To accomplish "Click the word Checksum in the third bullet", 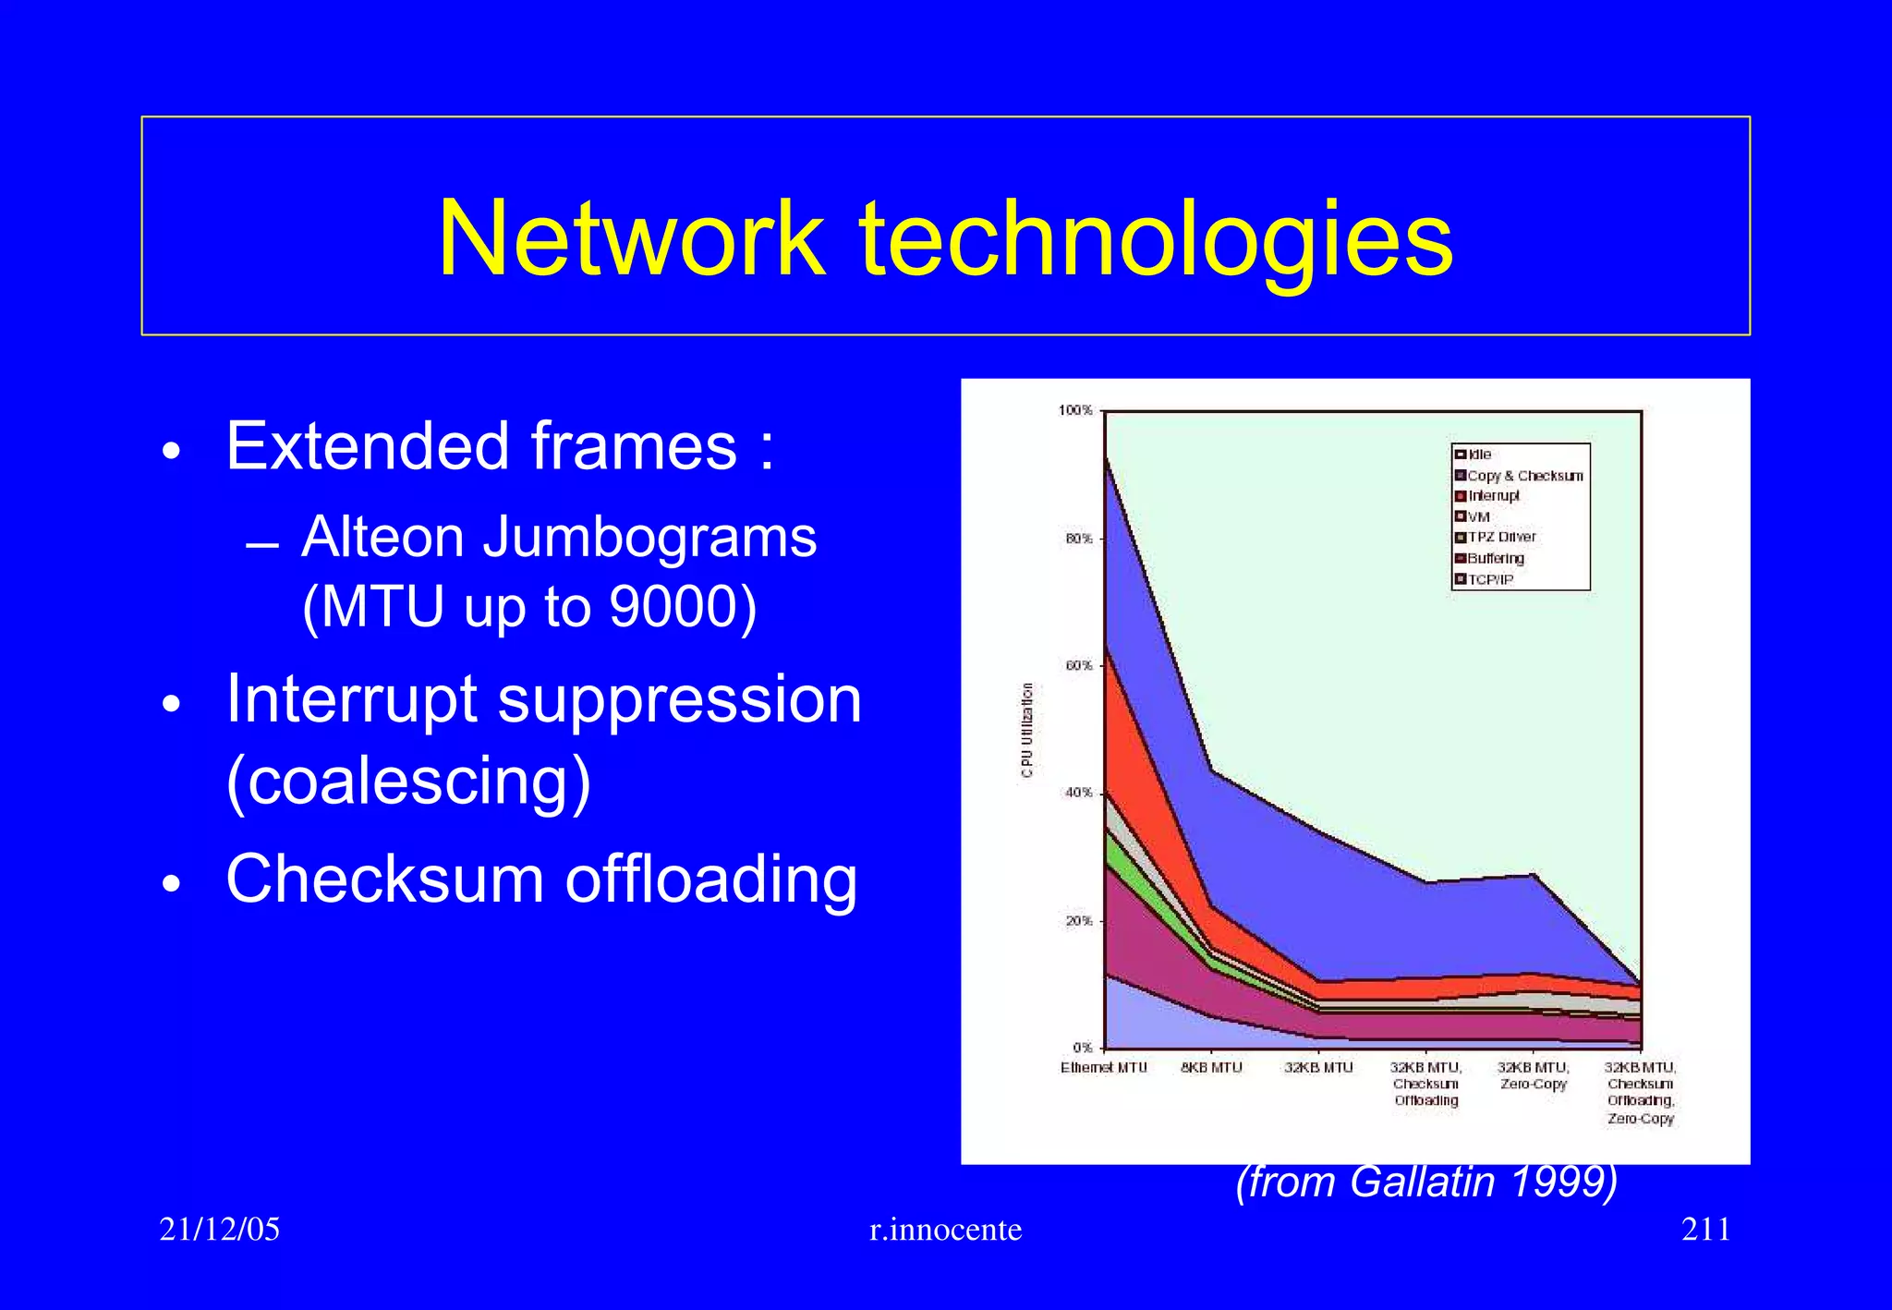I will (384, 879).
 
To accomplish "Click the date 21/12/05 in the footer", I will (219, 1229).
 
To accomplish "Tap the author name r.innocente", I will (945, 1229).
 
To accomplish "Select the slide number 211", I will (1705, 1229).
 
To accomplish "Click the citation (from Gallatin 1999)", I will (1426, 1182).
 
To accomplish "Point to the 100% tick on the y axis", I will (1075, 410).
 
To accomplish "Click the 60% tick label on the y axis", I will (1078, 665).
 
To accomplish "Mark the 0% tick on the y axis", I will (1083, 1047).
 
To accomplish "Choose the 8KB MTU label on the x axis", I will (1211, 1067).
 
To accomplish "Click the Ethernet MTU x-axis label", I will (1103, 1067).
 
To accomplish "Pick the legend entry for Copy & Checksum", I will (1524, 476).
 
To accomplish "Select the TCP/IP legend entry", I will (1490, 580).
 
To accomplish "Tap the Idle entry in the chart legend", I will (1479, 455).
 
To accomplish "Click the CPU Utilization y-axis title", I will (1027, 730).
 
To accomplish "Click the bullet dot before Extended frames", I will (170, 452).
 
